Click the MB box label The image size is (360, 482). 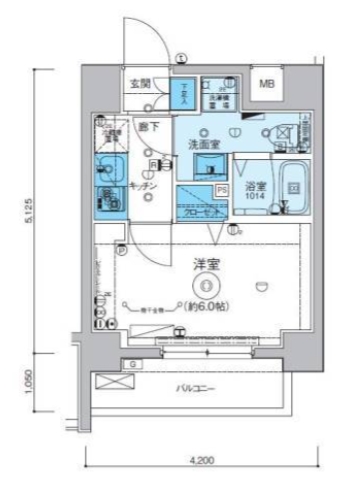(x=267, y=84)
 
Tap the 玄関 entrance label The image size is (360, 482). (x=139, y=83)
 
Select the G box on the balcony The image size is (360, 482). (x=131, y=366)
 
